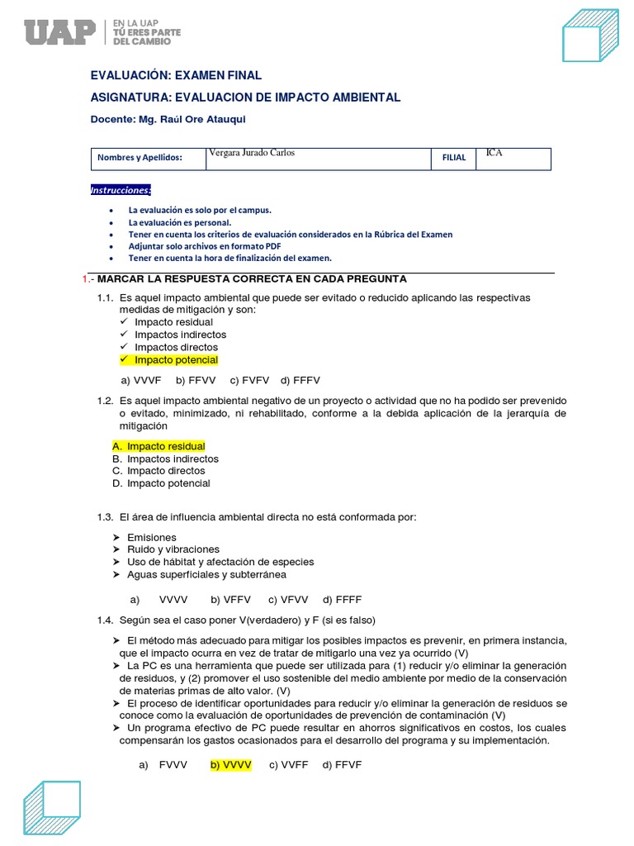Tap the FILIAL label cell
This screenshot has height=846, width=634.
click(x=454, y=158)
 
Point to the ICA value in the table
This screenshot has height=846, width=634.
click(x=494, y=153)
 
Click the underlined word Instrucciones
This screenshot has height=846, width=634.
click(x=121, y=190)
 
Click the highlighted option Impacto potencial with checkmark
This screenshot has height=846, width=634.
click(x=176, y=360)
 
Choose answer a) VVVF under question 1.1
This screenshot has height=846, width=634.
click(x=140, y=381)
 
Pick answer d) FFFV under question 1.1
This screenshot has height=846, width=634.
click(x=300, y=381)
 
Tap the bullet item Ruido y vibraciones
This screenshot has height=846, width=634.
click(x=173, y=549)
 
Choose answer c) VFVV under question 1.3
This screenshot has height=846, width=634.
click(x=288, y=600)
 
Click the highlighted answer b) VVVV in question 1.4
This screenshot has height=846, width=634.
click(x=230, y=765)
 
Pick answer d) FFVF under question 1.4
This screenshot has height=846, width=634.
click(x=343, y=765)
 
